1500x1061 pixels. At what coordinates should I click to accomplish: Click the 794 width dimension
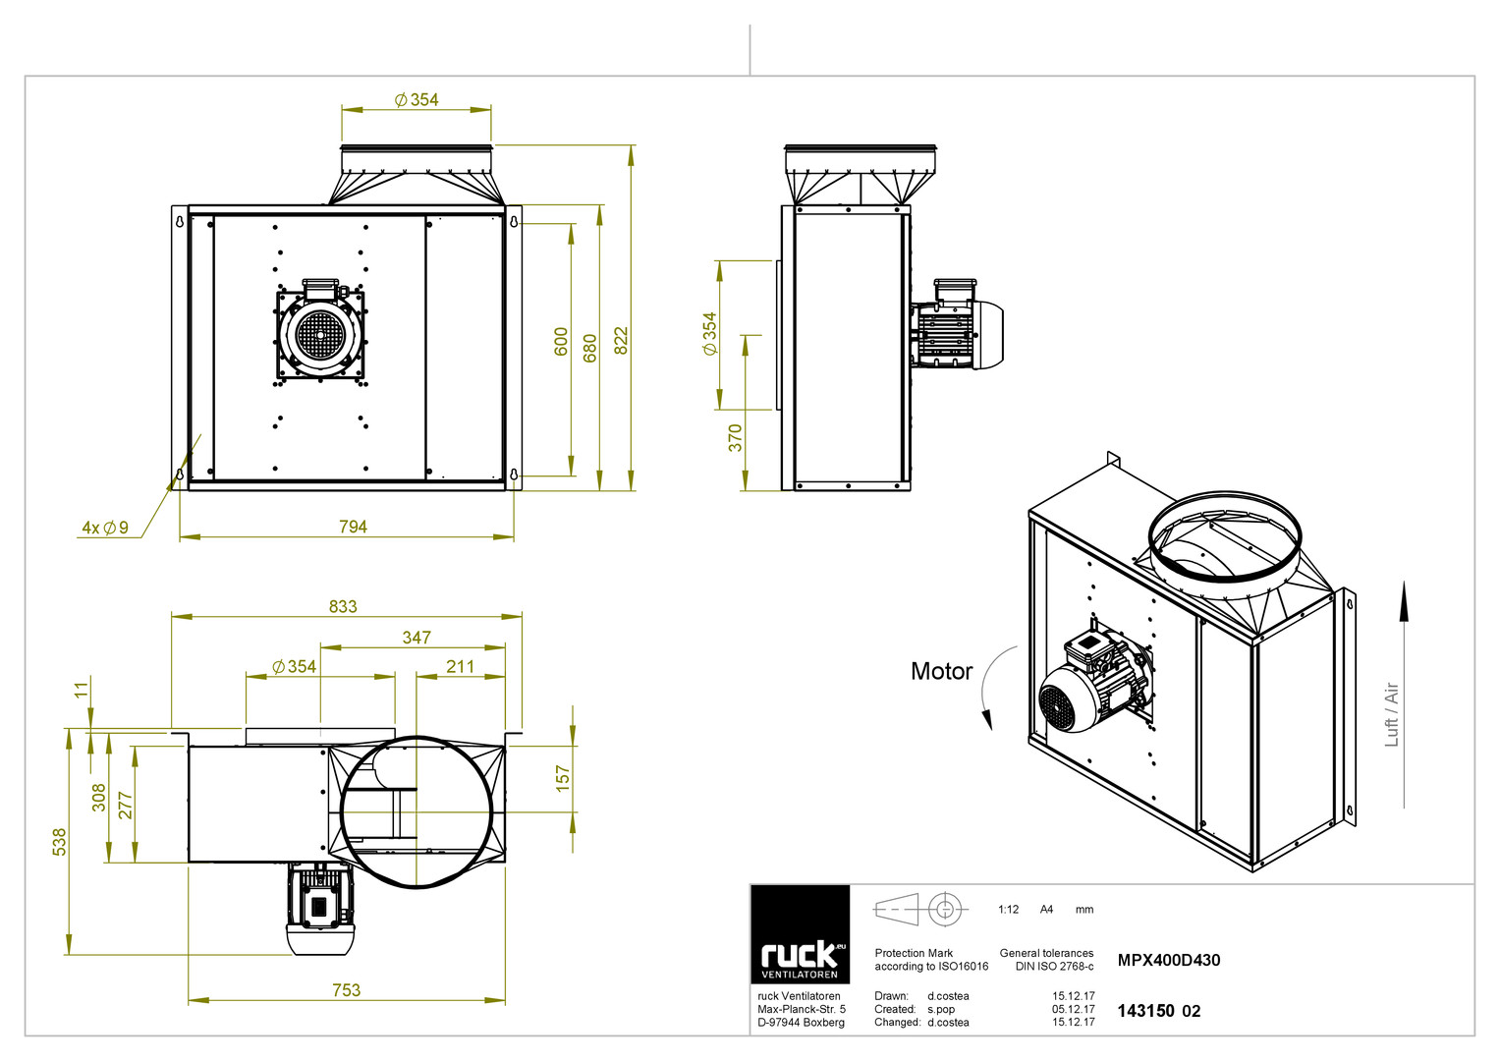(353, 528)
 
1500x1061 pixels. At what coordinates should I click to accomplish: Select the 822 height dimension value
(622, 341)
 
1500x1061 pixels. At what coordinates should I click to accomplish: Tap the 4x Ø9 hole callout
(105, 528)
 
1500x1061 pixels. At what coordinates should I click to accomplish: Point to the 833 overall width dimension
(343, 607)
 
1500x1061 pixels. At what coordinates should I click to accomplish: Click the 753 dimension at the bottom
(346, 990)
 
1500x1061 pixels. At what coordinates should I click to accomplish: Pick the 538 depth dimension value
(60, 842)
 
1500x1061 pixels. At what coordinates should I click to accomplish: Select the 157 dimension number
(563, 779)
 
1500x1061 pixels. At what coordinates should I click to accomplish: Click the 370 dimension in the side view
(736, 438)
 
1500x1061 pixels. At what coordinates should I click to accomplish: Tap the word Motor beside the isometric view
(941, 671)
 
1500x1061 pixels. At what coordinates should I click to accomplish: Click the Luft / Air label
(1392, 714)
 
